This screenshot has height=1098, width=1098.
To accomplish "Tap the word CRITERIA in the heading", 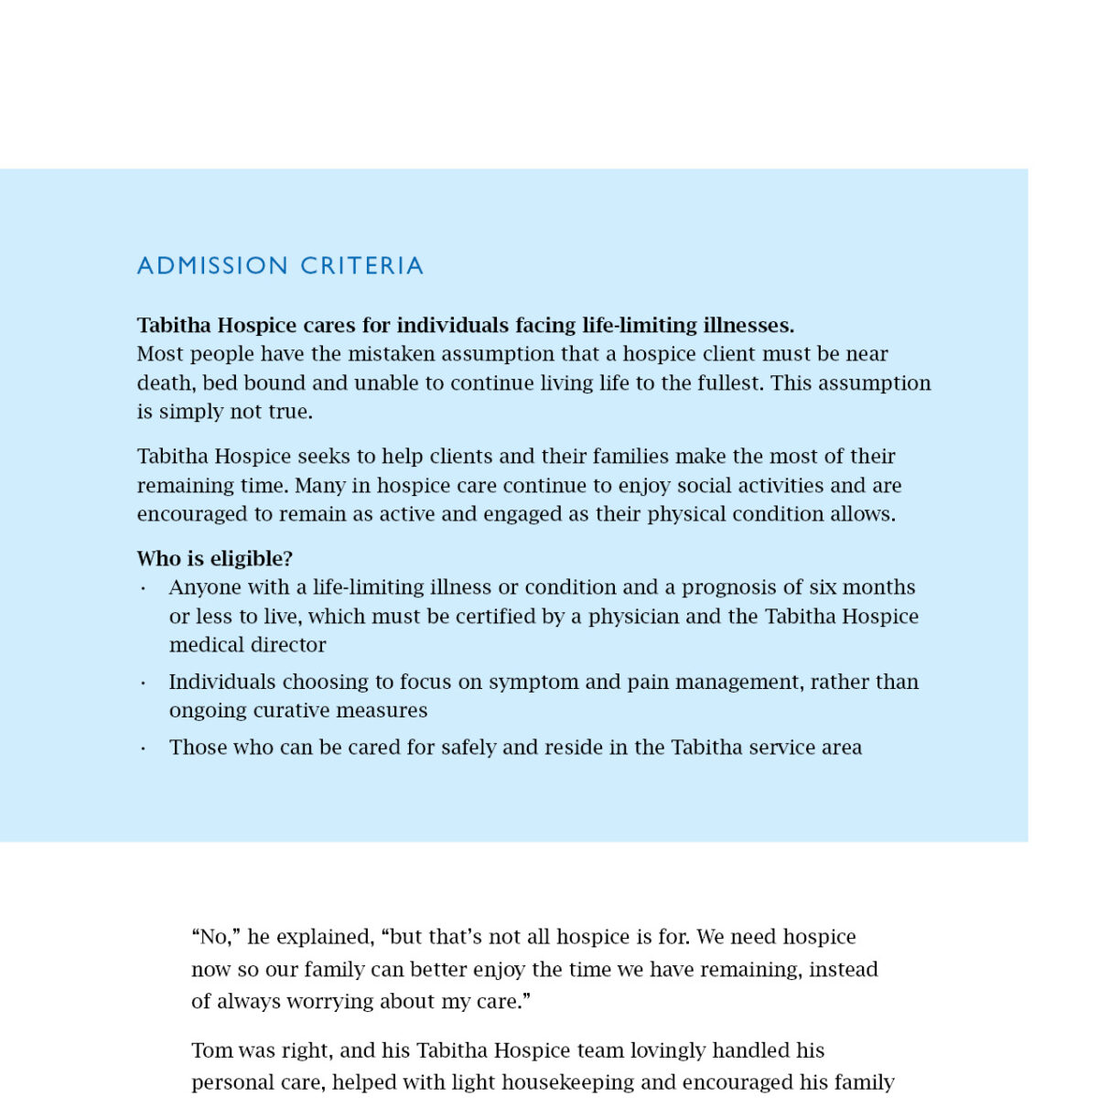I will click(x=361, y=265).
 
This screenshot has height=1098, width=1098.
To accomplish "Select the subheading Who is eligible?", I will click(x=215, y=558).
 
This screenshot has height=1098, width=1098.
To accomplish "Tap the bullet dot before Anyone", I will click(x=144, y=588).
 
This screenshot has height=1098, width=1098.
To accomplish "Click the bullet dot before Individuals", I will click(x=144, y=684).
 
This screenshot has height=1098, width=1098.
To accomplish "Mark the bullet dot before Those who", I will click(x=144, y=748).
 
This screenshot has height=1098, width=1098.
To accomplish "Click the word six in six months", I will click(x=823, y=587).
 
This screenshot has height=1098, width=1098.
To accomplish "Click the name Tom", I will click(x=212, y=1050).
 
